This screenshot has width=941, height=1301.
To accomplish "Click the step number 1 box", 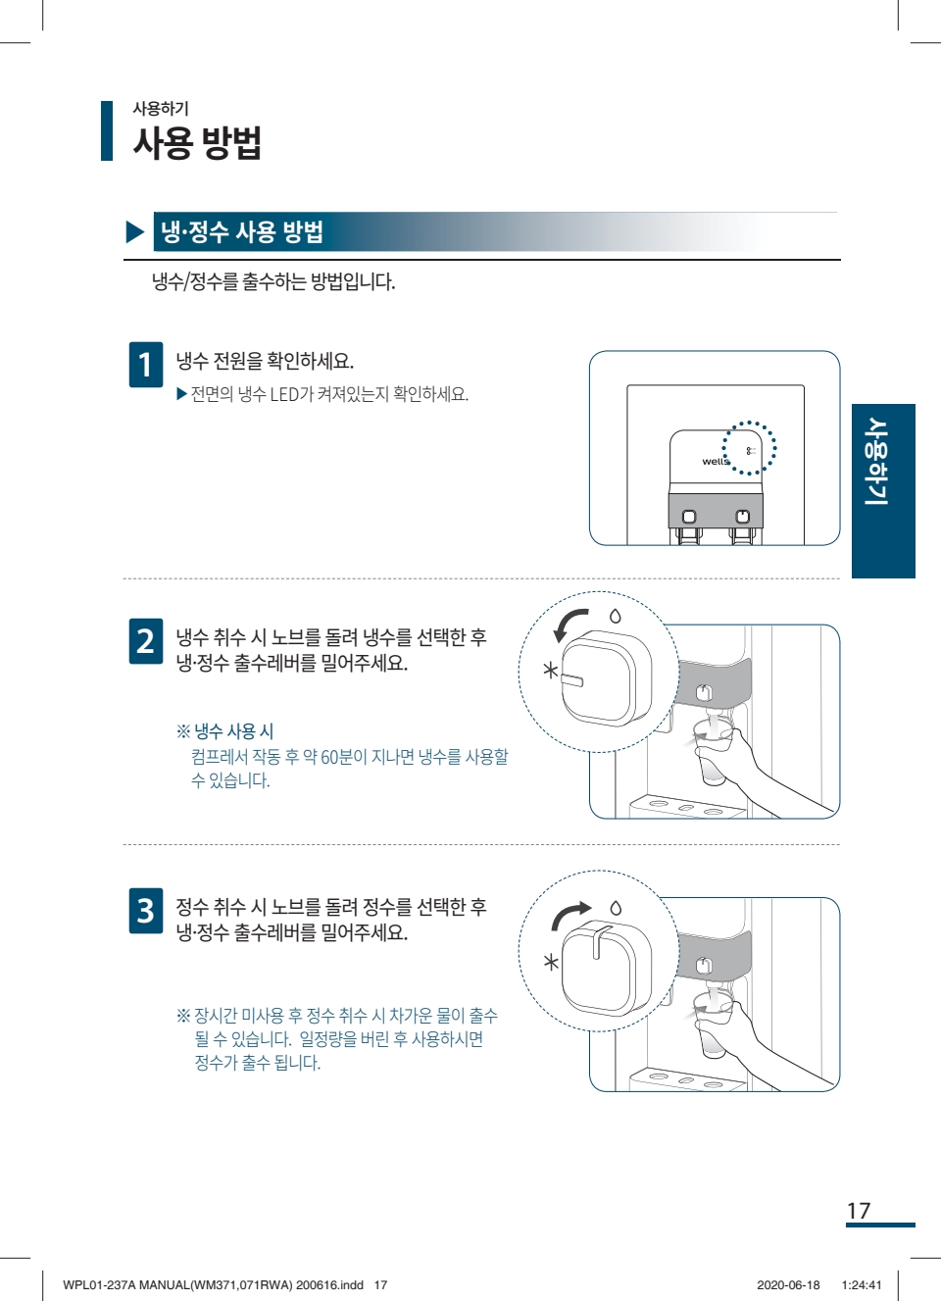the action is coord(146,365).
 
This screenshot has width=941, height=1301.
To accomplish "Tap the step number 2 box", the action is coord(146,641).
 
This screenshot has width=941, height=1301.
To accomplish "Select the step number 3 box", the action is coord(146,911).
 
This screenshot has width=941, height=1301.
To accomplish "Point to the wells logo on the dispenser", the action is coord(716,461).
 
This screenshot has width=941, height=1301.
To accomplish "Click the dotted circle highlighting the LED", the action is coord(723,448).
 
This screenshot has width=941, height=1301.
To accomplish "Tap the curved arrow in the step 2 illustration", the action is coord(566,622).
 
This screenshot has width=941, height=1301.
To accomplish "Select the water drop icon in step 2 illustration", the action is coord(616,616).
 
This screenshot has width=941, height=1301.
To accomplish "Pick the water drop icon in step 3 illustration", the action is coord(616,907).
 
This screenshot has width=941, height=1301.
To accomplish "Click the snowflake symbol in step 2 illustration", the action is coord(550,671).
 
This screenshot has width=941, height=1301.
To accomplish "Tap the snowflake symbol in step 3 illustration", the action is coord(551,963).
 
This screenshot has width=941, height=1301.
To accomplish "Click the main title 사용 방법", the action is coord(197,142).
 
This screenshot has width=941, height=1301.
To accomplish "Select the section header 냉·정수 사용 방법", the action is coord(242,231).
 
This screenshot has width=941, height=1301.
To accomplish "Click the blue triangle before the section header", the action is coord(134,232).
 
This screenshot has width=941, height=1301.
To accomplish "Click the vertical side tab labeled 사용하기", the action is coord(883,491).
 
